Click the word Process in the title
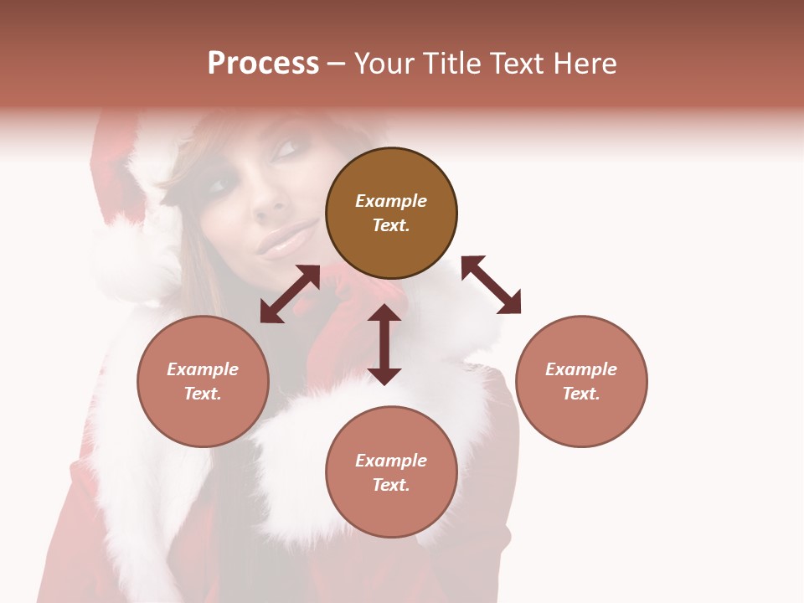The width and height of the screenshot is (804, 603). pyautogui.click(x=263, y=64)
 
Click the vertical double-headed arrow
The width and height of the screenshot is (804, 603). pyautogui.click(x=384, y=344)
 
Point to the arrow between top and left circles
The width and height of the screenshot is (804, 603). pyautogui.click(x=290, y=294)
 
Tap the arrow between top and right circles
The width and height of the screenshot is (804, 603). pyautogui.click(x=491, y=285)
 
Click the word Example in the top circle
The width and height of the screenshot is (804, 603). pyautogui.click(x=391, y=201)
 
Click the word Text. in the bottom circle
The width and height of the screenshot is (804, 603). pyautogui.click(x=391, y=485)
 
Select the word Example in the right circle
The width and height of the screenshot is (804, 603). pyautogui.click(x=581, y=369)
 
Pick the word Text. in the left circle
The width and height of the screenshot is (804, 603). pyautogui.click(x=203, y=394)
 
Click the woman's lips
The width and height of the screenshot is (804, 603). pyautogui.click(x=283, y=243)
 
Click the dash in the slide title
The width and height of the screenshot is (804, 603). pyautogui.click(x=337, y=64)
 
